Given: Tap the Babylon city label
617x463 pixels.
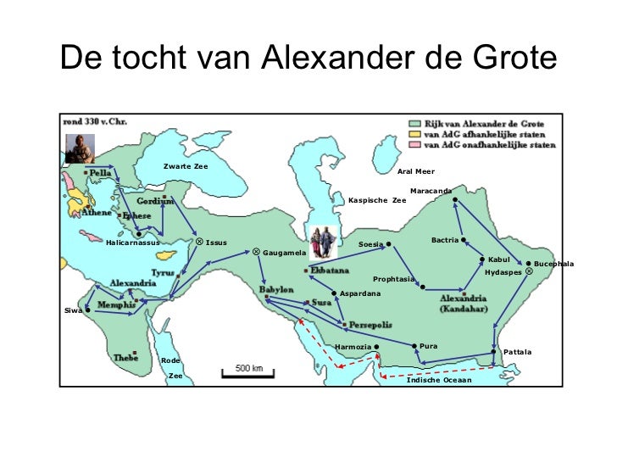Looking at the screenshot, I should click(x=276, y=289).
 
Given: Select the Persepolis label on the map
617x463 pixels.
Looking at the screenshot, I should click(x=368, y=324).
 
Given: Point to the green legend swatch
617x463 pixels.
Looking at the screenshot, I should click(x=418, y=122).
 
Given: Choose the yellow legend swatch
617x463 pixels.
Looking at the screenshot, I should click(x=418, y=133).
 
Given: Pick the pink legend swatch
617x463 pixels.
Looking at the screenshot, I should click(x=418, y=145).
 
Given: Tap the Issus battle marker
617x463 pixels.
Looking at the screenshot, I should click(x=198, y=242).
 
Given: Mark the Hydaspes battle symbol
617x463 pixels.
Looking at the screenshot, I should click(x=529, y=272).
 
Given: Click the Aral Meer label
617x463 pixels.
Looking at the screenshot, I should click(x=415, y=171).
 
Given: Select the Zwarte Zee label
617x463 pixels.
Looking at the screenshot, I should click(x=186, y=166).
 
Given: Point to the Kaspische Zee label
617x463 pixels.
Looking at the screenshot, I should click(x=377, y=201).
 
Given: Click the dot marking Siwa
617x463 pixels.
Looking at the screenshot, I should click(x=88, y=310).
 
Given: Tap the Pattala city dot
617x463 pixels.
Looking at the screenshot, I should click(x=493, y=351).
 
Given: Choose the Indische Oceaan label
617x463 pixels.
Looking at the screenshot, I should click(x=438, y=380).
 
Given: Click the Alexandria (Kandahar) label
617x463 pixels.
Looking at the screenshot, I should click(x=463, y=304).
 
